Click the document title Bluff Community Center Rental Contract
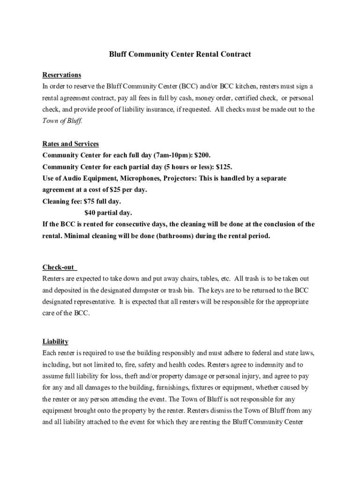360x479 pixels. [x=180, y=54]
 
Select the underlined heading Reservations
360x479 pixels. [x=62, y=75]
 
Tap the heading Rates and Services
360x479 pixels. [x=71, y=144]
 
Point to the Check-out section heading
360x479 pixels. [x=58, y=267]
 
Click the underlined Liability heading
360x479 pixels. [x=55, y=341]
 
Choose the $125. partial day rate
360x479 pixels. [x=224, y=167]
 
